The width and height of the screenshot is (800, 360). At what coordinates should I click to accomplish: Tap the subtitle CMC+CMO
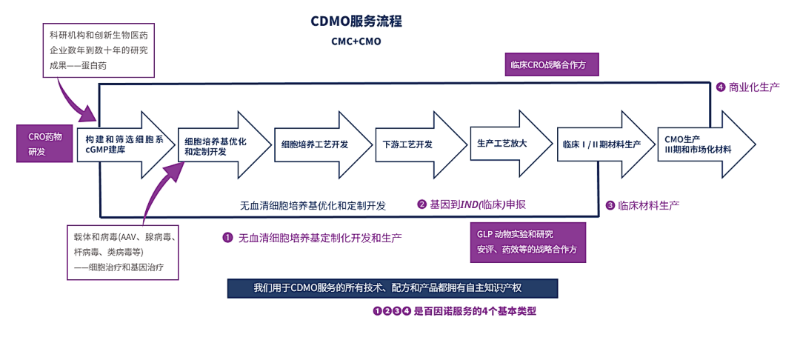pyautogui.click(x=356, y=41)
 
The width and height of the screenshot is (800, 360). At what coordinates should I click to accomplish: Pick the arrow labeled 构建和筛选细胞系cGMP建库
pyautogui.click(x=123, y=144)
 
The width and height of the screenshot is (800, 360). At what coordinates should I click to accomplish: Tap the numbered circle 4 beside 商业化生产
pyautogui.click(x=721, y=87)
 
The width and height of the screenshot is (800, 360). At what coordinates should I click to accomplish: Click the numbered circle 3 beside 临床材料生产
pyautogui.click(x=610, y=205)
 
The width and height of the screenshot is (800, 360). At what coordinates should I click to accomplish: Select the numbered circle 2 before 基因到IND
pyautogui.click(x=422, y=204)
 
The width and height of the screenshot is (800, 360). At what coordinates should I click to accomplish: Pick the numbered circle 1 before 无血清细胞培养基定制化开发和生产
pyautogui.click(x=228, y=238)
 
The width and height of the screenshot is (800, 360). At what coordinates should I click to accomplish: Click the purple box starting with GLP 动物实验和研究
pyautogui.click(x=527, y=241)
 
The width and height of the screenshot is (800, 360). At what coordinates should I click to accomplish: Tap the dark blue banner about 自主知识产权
pyautogui.click(x=392, y=288)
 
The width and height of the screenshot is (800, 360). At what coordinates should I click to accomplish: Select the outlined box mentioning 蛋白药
pyautogui.click(x=98, y=50)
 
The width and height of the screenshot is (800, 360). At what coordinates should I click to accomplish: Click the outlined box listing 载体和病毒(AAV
pyautogui.click(x=122, y=252)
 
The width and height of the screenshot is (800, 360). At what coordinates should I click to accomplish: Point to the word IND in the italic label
pyautogui.click(x=470, y=204)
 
